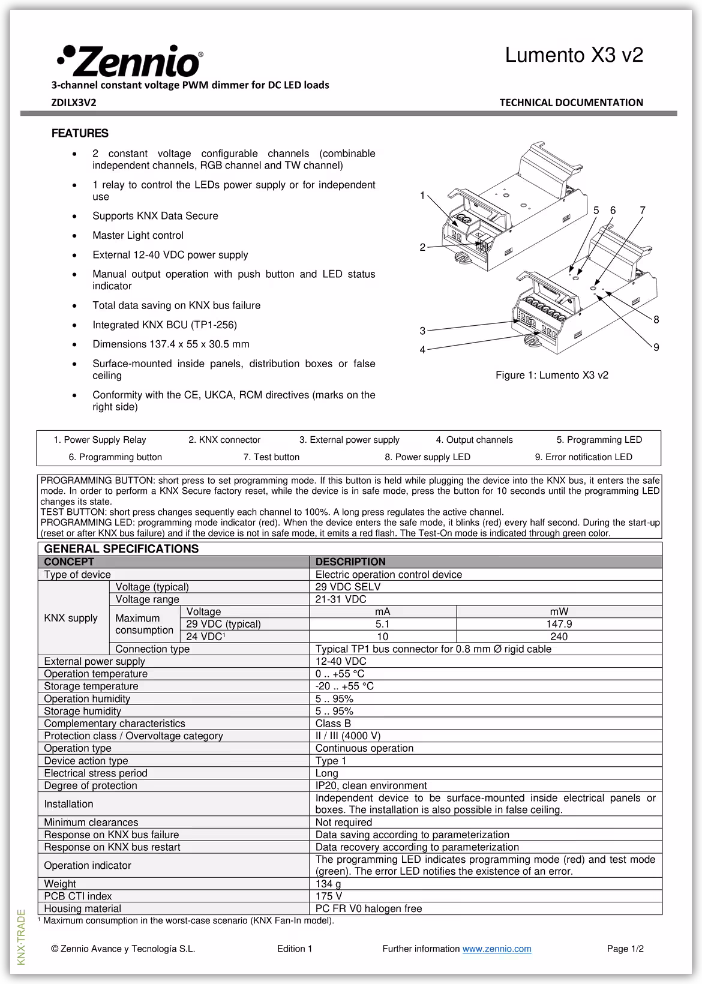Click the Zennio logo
point(130,61)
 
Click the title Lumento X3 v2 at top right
point(574,55)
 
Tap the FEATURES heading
point(80,133)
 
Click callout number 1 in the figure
point(422,196)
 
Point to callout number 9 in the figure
point(656,347)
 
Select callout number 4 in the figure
point(422,349)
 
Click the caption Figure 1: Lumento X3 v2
point(551,375)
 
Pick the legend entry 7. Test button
point(271,457)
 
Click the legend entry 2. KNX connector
point(224,440)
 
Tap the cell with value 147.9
point(559,624)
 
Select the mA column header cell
point(382,611)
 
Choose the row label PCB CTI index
point(78,896)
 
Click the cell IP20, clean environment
point(371,785)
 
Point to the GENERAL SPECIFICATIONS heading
point(121,548)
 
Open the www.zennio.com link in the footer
point(497,949)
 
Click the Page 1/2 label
point(625,949)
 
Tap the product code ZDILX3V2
point(74,103)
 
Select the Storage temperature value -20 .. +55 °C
point(344,686)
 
